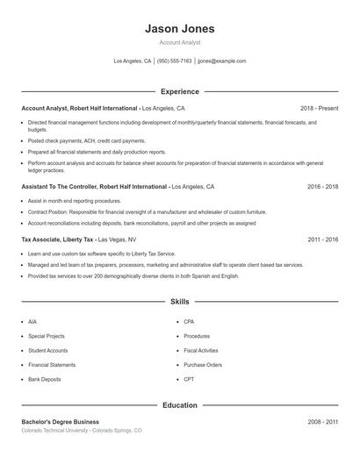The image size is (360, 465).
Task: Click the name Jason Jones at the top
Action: coord(179,29)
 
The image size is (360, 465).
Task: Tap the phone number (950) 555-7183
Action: coord(174,61)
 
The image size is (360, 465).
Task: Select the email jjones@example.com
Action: coord(221,61)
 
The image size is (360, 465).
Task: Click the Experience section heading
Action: coord(179,91)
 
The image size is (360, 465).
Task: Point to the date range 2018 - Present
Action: coord(319,108)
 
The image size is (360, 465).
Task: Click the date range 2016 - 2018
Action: coord(322,187)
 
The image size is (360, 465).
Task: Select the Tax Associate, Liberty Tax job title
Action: coord(58,239)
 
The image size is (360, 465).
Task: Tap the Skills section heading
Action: coord(179,301)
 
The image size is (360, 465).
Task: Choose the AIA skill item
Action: coord(32,322)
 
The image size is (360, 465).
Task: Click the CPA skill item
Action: coord(189,322)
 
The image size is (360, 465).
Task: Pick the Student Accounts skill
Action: coord(47,350)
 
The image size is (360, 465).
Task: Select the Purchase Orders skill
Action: coord(203,364)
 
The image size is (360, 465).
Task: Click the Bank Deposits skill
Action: coord(45,379)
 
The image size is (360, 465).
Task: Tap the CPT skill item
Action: coord(189,379)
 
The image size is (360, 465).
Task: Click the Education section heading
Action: coord(179,405)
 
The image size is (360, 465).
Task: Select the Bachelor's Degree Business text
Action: coord(61,422)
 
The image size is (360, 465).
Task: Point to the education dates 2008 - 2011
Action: coord(322,422)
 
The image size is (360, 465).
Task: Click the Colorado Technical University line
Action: coord(81,431)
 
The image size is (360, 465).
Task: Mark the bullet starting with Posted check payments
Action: coord(86,140)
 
